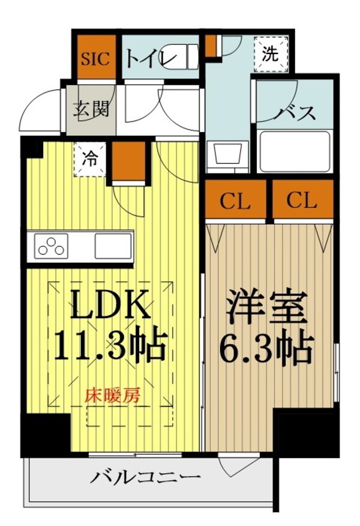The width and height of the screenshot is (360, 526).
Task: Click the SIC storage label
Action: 95,58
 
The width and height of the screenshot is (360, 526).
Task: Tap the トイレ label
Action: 150,59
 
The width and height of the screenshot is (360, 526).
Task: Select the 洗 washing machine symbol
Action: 271,54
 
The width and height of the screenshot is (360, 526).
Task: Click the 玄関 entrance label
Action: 91,110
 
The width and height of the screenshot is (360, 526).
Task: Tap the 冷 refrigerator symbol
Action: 88,160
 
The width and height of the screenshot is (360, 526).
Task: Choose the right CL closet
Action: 302,201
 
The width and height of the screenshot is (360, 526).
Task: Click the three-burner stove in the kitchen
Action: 52,246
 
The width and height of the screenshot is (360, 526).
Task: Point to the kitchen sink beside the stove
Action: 113,246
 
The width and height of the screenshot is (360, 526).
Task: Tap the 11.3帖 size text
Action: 110,346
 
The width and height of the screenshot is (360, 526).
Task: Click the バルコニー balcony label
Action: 146,479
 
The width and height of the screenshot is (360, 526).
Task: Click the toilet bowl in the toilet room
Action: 186,58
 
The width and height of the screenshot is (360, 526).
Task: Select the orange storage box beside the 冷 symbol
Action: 128,161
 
